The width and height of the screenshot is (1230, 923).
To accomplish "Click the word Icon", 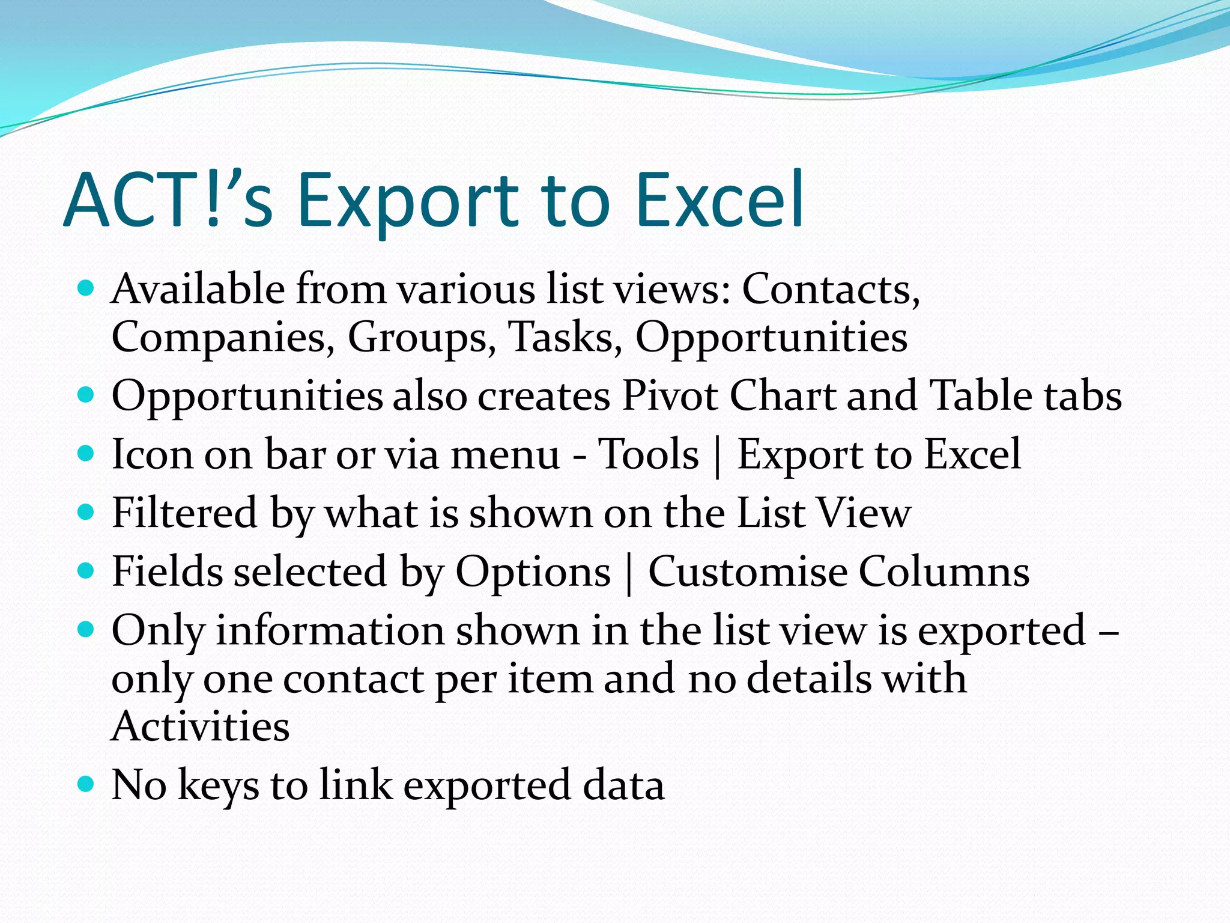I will point(153,454).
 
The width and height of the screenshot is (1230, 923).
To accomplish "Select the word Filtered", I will point(184,513).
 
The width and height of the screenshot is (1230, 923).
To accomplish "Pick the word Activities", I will point(201,726).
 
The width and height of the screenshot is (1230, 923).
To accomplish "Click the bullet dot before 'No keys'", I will point(86,784).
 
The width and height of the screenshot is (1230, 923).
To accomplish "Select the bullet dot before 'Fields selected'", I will point(86,570).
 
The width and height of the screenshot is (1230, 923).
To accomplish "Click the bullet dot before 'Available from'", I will point(86,288).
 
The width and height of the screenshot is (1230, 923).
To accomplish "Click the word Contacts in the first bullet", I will point(831,290).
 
